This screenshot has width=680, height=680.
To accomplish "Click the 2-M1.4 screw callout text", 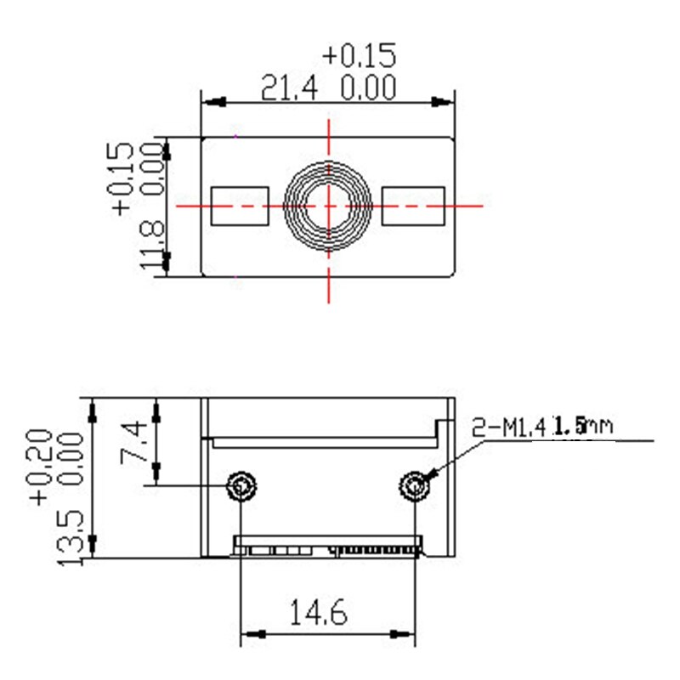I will tap(509, 426).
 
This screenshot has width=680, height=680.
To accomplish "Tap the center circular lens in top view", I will tap(328, 205).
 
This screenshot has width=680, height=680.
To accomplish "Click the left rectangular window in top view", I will tap(239, 206).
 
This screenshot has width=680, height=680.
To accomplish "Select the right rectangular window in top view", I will tap(413, 206).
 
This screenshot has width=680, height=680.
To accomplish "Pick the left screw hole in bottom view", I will tap(241, 486).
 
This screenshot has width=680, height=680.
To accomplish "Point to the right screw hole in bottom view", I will tap(414, 486).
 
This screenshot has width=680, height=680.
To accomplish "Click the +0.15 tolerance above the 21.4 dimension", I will tap(360, 55).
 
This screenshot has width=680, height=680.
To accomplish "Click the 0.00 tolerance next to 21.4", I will tap(369, 88).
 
